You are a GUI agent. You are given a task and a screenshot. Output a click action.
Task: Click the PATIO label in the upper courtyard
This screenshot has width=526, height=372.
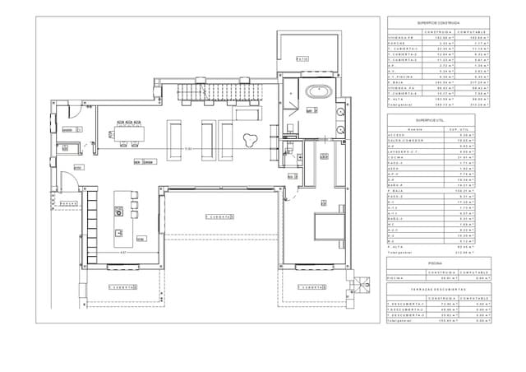303,58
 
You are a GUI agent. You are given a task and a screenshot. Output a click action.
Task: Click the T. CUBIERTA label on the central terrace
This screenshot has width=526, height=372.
219,216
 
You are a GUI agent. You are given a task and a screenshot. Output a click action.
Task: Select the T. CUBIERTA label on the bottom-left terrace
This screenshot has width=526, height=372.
124,288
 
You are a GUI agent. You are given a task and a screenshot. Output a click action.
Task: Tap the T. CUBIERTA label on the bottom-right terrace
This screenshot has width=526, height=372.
312,288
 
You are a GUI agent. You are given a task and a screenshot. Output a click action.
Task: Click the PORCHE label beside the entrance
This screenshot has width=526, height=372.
68,202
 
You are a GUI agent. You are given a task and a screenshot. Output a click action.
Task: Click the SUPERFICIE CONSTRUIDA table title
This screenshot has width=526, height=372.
438,24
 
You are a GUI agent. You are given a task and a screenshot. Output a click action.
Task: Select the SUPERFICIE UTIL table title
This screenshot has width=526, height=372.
438,120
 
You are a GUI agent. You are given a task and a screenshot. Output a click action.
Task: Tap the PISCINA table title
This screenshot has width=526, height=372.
438,263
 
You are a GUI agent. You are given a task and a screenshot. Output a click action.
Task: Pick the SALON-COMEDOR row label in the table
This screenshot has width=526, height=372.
404,142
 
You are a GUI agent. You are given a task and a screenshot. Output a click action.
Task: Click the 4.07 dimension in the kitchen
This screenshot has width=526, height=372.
123,252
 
